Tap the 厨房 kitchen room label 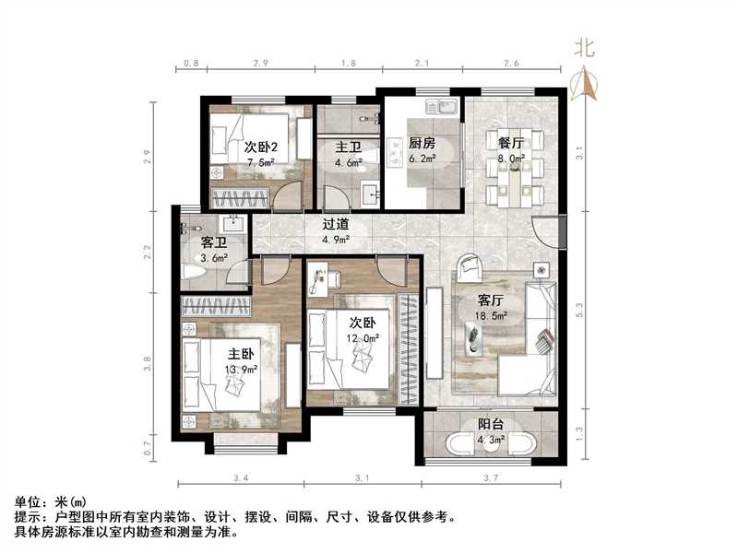422,144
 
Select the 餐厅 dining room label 511,144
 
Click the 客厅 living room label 490,300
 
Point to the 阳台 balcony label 490,426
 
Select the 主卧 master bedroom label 242,354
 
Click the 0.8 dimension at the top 190,63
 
